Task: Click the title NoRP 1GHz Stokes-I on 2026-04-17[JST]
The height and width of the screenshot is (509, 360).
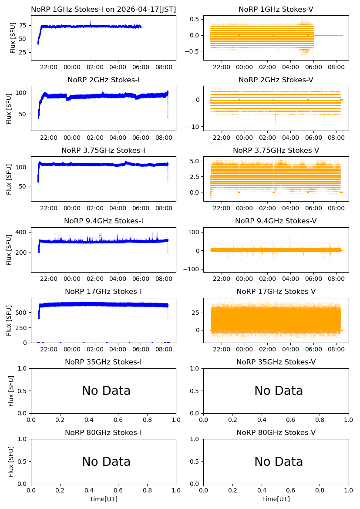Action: point(104,10)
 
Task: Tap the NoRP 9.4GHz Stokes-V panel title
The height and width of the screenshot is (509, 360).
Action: point(276,221)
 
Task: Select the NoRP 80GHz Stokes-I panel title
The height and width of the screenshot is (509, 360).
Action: point(104,433)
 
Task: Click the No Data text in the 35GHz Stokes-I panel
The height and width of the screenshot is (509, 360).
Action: point(106,391)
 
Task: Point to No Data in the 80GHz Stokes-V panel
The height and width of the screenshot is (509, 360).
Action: point(279,462)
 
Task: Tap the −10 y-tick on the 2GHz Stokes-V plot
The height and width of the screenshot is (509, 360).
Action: point(193,127)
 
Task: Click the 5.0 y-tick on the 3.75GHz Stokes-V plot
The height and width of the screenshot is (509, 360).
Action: point(195,161)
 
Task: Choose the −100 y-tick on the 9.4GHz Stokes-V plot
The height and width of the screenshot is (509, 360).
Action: point(192,269)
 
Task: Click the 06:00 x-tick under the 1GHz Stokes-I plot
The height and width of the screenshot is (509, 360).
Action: point(141,67)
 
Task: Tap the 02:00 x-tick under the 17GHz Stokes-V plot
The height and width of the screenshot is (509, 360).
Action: point(267,349)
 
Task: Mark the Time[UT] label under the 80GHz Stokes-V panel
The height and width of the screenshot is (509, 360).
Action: point(276,499)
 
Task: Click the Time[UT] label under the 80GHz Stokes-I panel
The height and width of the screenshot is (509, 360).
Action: point(104,499)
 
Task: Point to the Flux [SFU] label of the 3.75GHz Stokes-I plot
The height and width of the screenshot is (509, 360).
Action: point(9,179)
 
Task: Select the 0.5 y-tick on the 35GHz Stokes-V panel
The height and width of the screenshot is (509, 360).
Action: point(195,391)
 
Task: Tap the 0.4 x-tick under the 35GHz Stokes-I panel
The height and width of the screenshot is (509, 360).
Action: point(89,420)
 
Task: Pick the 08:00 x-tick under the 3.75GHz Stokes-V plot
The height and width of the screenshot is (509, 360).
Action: point(336,209)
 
